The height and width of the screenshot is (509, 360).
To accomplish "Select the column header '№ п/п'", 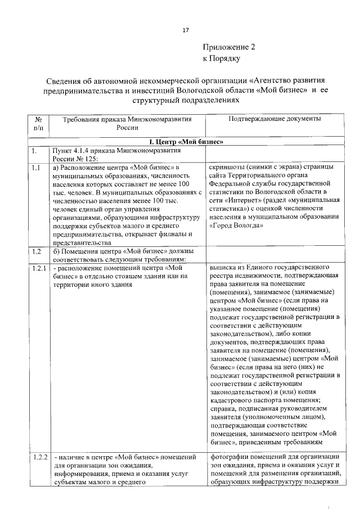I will click(x=38, y=124).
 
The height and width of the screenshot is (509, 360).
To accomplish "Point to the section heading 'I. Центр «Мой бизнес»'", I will click(x=186, y=141).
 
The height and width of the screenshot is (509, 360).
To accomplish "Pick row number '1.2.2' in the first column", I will click(x=38, y=456).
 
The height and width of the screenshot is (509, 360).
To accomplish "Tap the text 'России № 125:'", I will click(x=74, y=158).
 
